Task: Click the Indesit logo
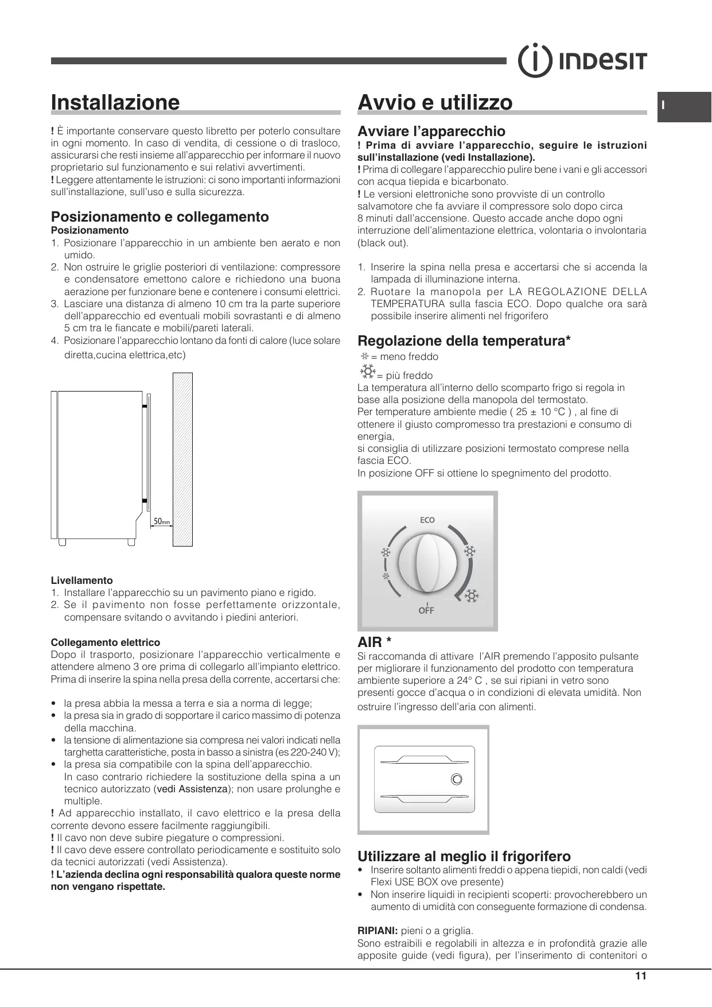[x=582, y=60]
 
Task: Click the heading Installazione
[x=115, y=102]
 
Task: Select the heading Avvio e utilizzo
[x=435, y=102]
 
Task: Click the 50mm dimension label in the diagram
[x=162, y=521]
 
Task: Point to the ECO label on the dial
[x=427, y=520]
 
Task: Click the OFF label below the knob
[x=426, y=610]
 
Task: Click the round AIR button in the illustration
[x=456, y=779]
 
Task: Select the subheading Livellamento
[x=82, y=580]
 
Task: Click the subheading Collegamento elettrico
[x=106, y=642]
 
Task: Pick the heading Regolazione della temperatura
[x=464, y=341]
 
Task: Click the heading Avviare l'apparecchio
[x=431, y=131]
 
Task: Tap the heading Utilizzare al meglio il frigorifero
[x=464, y=857]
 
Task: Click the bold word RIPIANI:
[x=378, y=931]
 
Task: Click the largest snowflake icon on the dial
[x=472, y=597]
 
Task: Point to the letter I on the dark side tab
[x=663, y=106]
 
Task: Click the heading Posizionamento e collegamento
[x=160, y=216]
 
